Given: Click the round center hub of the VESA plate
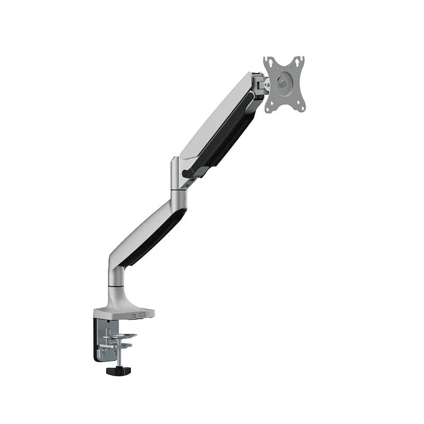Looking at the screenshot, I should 284,84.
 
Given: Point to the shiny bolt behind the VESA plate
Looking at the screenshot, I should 267,86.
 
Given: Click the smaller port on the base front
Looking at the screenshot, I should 134,316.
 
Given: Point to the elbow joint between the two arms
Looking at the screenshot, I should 178,179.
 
